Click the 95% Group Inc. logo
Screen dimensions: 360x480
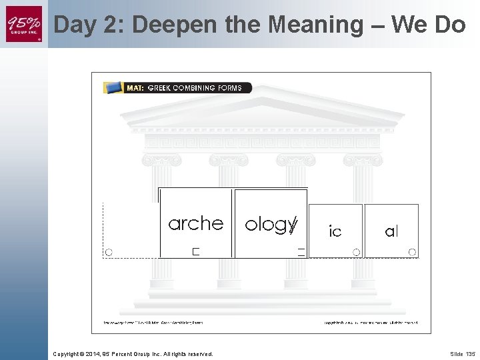point(24,23)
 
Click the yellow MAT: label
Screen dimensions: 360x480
point(135,88)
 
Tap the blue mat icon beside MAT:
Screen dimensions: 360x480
point(114,87)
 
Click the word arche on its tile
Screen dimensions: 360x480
point(195,223)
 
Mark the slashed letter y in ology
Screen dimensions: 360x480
point(292,225)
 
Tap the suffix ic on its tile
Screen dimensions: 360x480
point(335,231)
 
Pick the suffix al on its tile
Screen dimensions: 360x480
point(391,231)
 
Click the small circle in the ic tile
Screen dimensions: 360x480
point(357,252)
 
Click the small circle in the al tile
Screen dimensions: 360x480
point(413,252)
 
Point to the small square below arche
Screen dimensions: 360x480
point(196,251)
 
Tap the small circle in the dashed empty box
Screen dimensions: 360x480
point(109,252)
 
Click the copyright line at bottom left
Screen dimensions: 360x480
point(133,353)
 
